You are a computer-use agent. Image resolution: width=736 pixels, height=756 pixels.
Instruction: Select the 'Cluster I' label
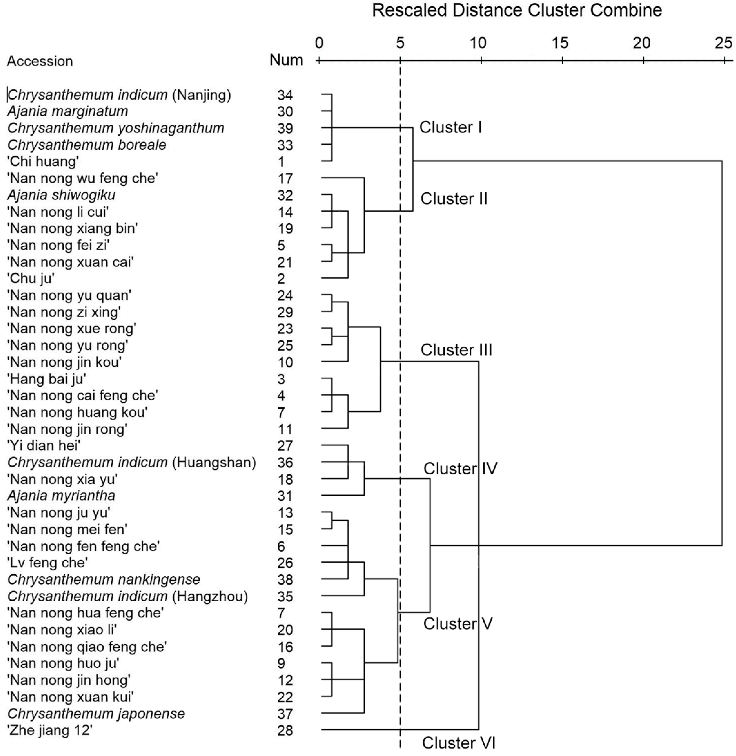coord(450,127)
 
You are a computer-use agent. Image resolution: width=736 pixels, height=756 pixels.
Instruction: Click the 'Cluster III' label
coord(456,350)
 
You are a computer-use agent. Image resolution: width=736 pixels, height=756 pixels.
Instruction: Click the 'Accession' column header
coord(40,61)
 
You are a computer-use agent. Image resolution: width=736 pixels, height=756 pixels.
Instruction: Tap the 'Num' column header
coord(286,60)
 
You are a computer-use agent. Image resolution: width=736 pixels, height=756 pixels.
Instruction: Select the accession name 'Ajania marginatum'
coord(68,111)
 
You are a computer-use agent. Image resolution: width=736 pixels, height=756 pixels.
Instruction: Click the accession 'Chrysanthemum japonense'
coord(96,713)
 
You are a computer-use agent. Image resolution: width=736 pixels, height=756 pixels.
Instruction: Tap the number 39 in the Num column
coord(285,128)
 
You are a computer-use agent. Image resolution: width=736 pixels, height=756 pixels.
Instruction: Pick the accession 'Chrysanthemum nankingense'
coord(104,579)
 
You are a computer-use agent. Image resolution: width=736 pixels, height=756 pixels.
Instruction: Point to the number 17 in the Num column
coord(285,179)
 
